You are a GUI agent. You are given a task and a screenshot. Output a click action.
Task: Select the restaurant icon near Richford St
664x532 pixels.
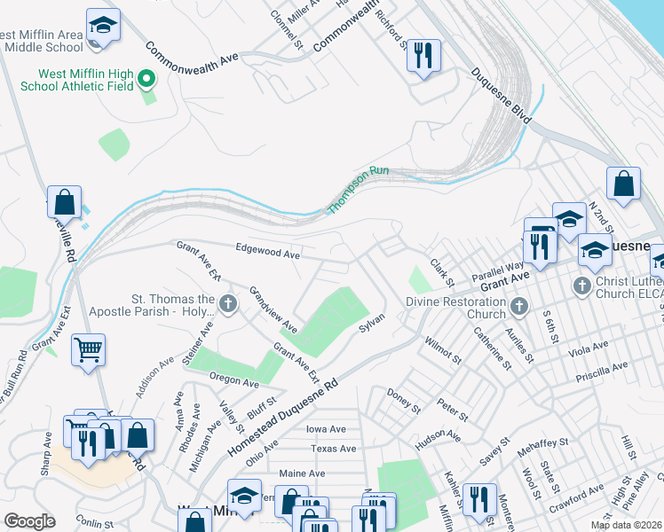(x=423, y=56)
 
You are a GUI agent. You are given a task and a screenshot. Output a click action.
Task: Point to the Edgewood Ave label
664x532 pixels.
(x=267, y=252)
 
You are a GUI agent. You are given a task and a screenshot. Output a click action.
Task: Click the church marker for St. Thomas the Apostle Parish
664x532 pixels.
(x=228, y=305)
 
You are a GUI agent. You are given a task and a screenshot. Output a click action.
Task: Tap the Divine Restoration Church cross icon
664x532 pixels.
(x=519, y=307)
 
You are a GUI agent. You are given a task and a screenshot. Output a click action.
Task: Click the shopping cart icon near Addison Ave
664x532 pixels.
(x=89, y=348)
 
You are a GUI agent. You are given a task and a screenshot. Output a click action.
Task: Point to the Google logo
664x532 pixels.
(x=29, y=520)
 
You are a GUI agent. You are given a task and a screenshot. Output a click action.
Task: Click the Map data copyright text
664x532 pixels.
(x=626, y=525)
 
